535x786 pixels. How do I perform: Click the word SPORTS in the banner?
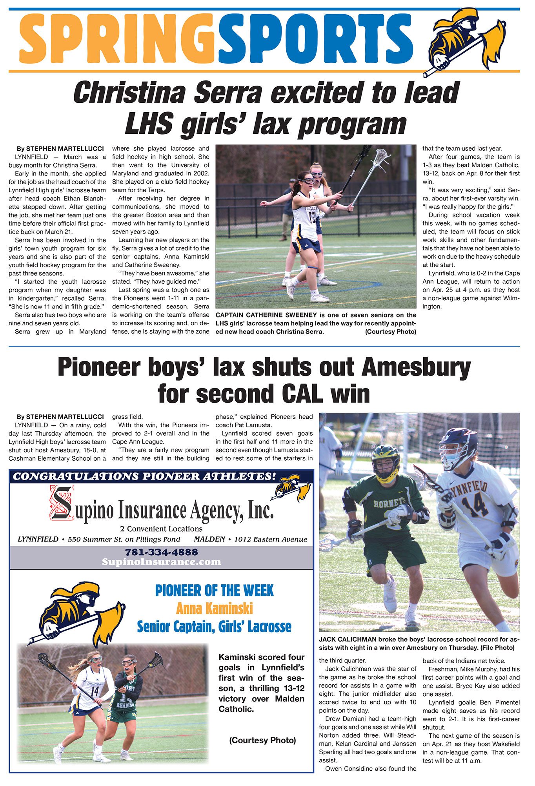coord(316,39)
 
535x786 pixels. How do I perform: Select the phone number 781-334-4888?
coord(161,552)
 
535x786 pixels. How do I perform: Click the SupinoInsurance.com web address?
coord(161,562)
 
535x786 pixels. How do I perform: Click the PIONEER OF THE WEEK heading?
coord(214,591)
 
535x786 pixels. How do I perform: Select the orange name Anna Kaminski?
coord(214,609)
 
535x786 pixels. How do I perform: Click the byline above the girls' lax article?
coord(60,149)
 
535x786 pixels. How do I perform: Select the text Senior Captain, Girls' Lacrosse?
coord(214,627)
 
